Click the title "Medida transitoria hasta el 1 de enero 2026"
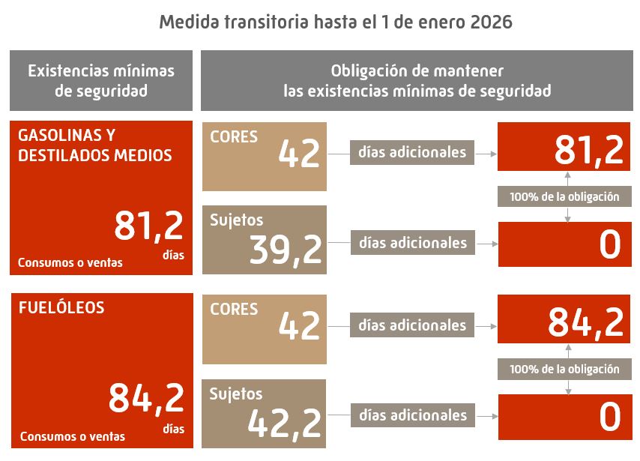tap(336, 22)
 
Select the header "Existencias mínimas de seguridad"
tap(101, 81)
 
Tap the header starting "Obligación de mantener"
tap(417, 81)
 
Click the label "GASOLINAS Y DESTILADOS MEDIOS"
tap(94, 145)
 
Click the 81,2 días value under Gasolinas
tap(148, 226)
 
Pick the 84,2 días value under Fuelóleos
tap(146, 398)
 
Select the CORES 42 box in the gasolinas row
tap(265, 155)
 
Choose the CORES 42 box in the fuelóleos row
tap(265, 328)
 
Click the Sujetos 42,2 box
tap(265, 414)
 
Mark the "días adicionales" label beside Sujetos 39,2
tap(413, 243)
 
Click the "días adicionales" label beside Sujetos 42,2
tap(413, 415)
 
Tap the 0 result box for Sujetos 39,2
tap(564, 244)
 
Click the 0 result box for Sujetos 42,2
tap(564, 417)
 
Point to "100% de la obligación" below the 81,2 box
tap(564, 197)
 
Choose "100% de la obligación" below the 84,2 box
tap(564, 369)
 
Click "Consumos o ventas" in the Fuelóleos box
tap(73, 436)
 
